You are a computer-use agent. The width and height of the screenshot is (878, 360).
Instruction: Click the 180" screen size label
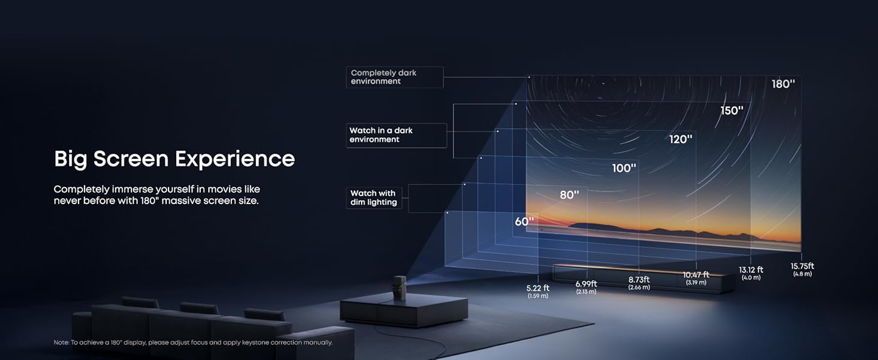tap(783, 84)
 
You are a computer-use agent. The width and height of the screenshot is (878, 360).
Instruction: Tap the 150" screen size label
tap(732, 110)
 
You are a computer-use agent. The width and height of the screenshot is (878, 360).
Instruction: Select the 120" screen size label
tap(681, 139)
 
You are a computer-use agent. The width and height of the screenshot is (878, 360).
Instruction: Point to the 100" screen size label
tap(624, 168)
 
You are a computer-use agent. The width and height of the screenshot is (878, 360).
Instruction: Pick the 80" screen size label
tap(569, 194)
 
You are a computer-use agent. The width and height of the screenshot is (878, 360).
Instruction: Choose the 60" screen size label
tap(524, 221)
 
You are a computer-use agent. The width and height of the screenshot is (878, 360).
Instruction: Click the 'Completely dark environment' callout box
tap(395, 77)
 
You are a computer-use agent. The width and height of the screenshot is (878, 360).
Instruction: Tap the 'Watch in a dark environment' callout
tap(396, 135)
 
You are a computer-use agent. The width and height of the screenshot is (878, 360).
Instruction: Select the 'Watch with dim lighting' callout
tap(374, 197)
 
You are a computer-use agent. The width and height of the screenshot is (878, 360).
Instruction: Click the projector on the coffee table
tap(399, 288)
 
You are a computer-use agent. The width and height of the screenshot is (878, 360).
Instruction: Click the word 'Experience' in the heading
tap(234, 159)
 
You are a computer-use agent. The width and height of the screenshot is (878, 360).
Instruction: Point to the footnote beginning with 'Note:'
tap(193, 343)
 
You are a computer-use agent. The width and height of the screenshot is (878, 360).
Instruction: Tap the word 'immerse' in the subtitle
tap(133, 189)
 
